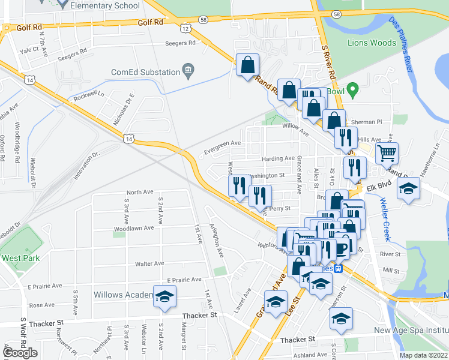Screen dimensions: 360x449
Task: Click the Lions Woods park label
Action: (371, 43)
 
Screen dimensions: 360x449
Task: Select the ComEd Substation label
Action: (146, 72)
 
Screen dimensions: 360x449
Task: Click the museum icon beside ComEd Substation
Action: (188, 72)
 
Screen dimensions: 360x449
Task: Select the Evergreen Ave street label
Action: (222, 143)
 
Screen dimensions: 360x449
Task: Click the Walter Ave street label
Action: (149, 263)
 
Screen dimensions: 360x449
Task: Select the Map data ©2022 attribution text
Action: (423, 355)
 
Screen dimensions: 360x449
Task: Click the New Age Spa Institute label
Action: (411, 331)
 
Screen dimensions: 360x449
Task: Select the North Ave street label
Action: (140, 192)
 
